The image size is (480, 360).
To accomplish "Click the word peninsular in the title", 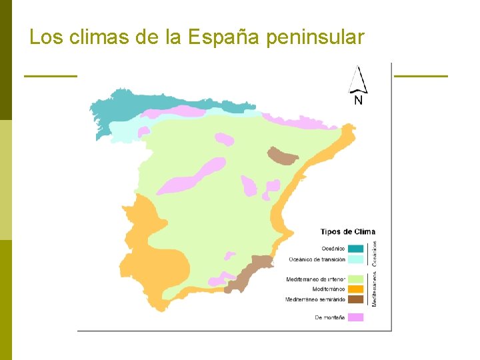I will pos(315,38).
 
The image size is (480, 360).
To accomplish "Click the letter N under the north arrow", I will pos(358,100).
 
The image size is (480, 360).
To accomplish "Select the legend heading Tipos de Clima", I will pos(347,232).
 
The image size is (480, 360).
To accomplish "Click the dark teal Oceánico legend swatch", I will pos(355,249).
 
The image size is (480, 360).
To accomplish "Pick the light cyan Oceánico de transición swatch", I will pos(355,259).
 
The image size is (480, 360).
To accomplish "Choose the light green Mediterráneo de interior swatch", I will pos(355,279).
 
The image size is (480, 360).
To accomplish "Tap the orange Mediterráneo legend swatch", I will pos(355,289).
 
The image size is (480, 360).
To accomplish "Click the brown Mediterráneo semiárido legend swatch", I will pos(355,299).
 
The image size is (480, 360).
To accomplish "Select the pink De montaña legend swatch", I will pos(355,317).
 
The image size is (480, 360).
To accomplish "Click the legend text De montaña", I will pos(329,318).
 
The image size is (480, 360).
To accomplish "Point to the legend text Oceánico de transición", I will pos(317,259).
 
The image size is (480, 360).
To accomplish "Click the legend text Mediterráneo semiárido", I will pos(315,299).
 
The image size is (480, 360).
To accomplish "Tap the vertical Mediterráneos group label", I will pos(375,289).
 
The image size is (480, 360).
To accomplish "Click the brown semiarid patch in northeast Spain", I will pos(283,156).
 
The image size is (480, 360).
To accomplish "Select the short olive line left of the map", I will pos(51,76).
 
